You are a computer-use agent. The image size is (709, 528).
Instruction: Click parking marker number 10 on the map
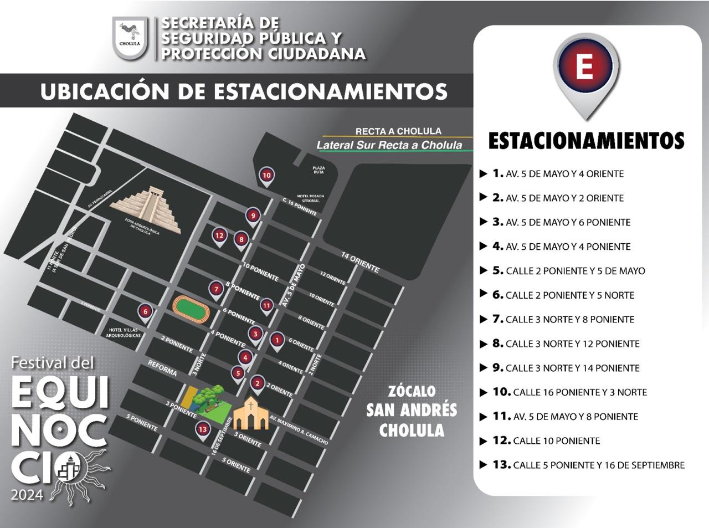coord(266,176)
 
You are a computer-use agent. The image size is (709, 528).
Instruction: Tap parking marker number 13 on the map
coord(203,429)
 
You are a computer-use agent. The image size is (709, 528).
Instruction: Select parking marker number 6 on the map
coord(145,312)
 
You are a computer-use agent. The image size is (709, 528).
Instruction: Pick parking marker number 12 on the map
coord(219,235)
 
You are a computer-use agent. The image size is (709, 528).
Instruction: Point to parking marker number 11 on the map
coord(267,305)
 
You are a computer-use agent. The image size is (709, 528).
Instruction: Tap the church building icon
coord(250,413)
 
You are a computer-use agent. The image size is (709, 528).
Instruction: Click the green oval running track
coord(190,309)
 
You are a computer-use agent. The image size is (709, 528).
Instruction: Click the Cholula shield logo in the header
coord(130,38)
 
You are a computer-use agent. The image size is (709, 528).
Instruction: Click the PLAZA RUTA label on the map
coord(318,170)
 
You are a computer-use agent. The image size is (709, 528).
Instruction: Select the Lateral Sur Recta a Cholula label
coord(389,145)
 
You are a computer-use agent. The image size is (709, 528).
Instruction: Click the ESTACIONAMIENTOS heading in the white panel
coord(586,141)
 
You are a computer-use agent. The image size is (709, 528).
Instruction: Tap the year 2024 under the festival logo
coord(27,494)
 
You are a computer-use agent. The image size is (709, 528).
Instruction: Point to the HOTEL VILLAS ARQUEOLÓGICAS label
coord(125,332)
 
